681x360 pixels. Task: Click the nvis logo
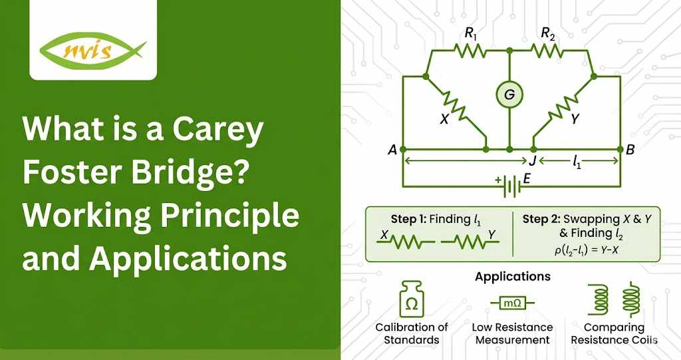(x=93, y=50)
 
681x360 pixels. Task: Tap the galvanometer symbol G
(x=509, y=95)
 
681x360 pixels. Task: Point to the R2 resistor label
(x=548, y=33)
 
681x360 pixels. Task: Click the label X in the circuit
(x=444, y=120)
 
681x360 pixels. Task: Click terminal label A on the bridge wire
(x=392, y=150)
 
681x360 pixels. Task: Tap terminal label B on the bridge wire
(x=630, y=150)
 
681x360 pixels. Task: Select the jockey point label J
(x=532, y=161)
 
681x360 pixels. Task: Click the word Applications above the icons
(x=513, y=275)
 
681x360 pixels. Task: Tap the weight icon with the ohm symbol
(x=412, y=301)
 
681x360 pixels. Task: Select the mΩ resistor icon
(x=512, y=303)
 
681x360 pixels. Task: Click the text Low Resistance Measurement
(x=512, y=333)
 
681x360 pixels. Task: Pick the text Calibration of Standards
(x=412, y=333)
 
